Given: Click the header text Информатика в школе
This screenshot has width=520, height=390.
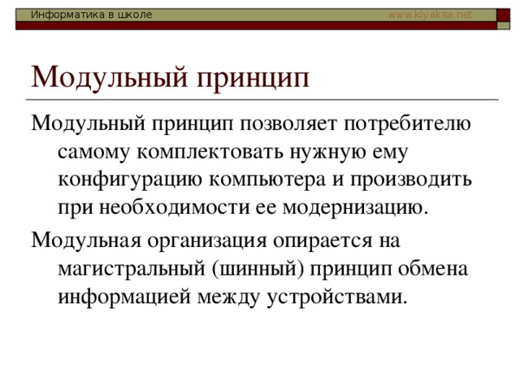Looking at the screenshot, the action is [x=91, y=15].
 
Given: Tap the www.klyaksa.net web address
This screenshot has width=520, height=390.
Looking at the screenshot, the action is [x=430, y=15].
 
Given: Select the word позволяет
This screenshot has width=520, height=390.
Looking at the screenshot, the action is [x=288, y=123].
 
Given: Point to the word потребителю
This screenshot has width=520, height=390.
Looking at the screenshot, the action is [x=407, y=123].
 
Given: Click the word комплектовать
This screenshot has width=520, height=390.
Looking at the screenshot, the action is [x=210, y=153].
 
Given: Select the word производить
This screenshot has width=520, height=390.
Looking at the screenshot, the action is [x=411, y=180].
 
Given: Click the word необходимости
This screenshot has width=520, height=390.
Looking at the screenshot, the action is [x=175, y=207].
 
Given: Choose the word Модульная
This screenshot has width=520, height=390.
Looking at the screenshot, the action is [x=87, y=240].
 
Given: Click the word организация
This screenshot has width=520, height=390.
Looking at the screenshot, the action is [x=207, y=241].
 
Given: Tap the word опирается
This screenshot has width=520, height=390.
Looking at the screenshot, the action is [x=323, y=241].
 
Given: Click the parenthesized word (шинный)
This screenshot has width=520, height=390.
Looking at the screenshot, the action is [x=258, y=269].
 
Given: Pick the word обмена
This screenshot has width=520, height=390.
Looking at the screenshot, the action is [x=433, y=269].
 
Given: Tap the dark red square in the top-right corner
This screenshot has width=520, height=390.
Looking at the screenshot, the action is [x=503, y=15].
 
